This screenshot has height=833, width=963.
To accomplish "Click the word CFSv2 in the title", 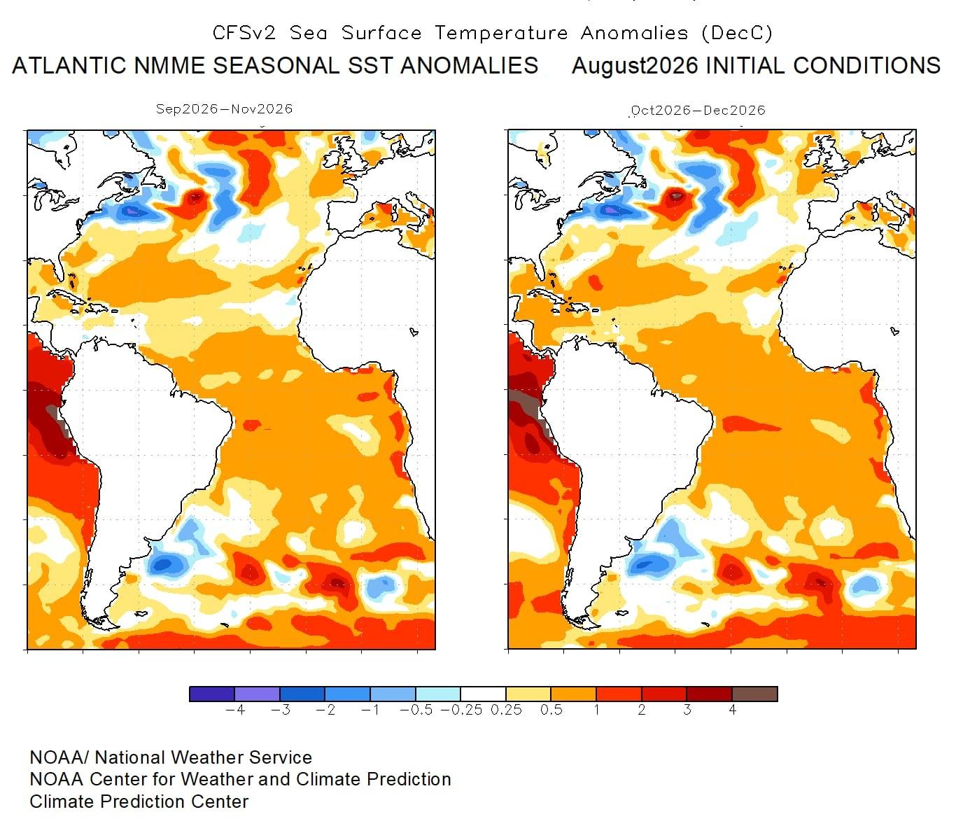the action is click(x=244, y=33).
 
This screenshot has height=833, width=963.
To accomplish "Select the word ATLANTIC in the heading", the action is click(x=69, y=65).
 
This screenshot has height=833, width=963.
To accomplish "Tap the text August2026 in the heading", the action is click(x=635, y=66).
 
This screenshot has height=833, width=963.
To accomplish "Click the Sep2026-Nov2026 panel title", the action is click(x=224, y=109).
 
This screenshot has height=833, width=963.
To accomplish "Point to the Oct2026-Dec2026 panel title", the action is click(x=698, y=111).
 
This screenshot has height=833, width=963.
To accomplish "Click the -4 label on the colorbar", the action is click(x=235, y=710).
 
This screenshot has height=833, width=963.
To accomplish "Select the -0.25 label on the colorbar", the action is click(x=461, y=710).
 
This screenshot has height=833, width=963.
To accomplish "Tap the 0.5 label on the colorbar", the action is click(x=551, y=710).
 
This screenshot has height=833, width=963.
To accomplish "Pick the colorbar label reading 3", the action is click(x=687, y=710).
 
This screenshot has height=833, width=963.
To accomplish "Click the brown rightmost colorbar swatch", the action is click(x=754, y=694).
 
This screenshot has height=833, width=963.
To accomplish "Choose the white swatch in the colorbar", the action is click(x=483, y=694).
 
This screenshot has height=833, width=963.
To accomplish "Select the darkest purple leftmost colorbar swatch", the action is click(x=212, y=694).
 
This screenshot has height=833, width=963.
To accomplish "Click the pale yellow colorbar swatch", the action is click(x=528, y=694).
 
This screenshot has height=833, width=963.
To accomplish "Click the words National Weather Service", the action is click(x=203, y=757).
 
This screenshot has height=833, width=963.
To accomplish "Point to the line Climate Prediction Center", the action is click(x=139, y=801).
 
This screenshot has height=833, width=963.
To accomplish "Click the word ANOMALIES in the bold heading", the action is click(x=469, y=65).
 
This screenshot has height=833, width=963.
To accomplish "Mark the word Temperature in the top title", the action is click(x=501, y=33).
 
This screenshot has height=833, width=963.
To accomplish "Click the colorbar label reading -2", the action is click(x=325, y=710).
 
